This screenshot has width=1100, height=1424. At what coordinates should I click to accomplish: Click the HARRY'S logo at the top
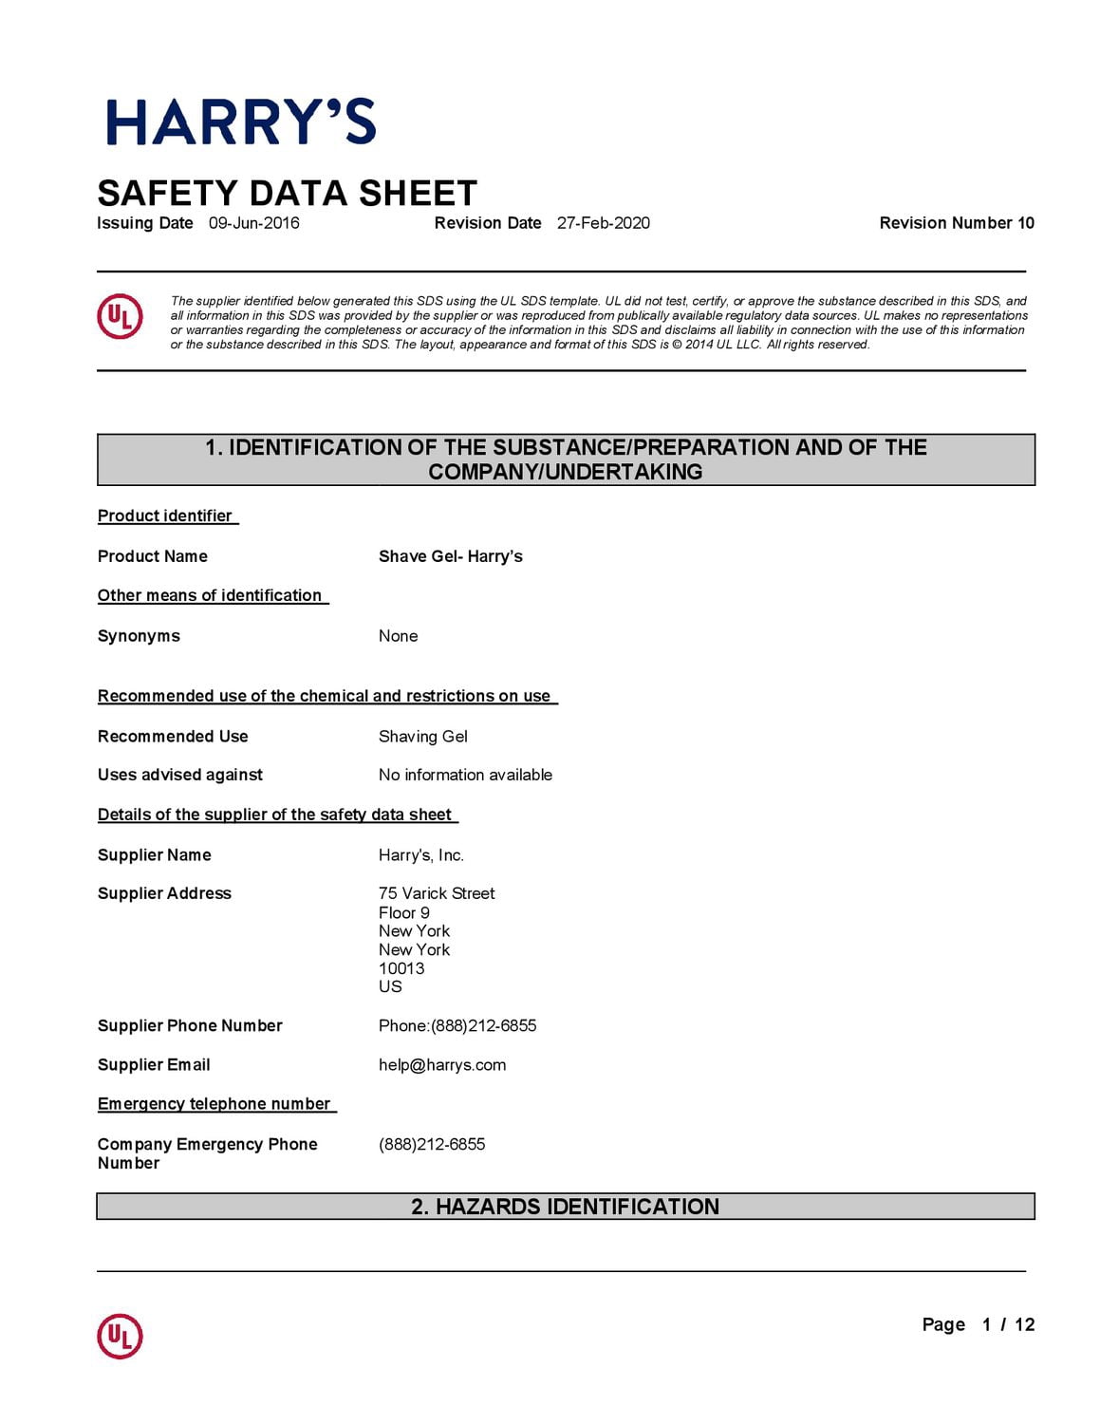[x=241, y=122]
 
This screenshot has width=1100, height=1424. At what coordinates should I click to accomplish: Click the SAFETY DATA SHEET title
[x=287, y=194]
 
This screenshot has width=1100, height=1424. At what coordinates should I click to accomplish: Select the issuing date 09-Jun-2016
[x=253, y=223]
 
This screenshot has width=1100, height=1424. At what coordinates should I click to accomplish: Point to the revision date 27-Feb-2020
[x=603, y=223]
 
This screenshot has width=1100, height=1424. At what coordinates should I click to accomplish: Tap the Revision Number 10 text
[x=956, y=223]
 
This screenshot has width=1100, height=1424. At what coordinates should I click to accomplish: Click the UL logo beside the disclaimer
[x=120, y=316]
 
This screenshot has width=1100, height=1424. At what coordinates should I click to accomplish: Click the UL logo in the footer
[x=120, y=1336]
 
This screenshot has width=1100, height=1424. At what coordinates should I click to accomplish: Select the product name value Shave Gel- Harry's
[x=450, y=556]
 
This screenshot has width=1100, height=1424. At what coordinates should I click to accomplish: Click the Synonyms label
[x=139, y=636]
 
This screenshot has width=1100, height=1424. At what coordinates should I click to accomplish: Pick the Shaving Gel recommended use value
[x=422, y=737]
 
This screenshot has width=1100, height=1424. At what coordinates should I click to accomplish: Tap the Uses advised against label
[x=180, y=775]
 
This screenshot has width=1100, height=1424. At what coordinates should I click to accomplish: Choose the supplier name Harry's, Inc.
[x=420, y=855]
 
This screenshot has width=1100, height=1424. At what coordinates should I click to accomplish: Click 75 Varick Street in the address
[x=437, y=893]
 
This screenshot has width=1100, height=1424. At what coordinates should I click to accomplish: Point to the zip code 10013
[x=401, y=968]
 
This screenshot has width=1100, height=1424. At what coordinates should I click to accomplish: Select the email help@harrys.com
[x=442, y=1065]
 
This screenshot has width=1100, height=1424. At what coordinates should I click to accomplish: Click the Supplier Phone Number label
[x=190, y=1025]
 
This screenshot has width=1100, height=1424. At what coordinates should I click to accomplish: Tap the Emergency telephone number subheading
[x=214, y=1103]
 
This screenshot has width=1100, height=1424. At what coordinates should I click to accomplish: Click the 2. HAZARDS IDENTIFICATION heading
[x=565, y=1207]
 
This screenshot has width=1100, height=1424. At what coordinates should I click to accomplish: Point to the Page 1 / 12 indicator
[x=978, y=1324]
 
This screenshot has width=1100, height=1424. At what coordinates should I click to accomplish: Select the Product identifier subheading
[x=165, y=515]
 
